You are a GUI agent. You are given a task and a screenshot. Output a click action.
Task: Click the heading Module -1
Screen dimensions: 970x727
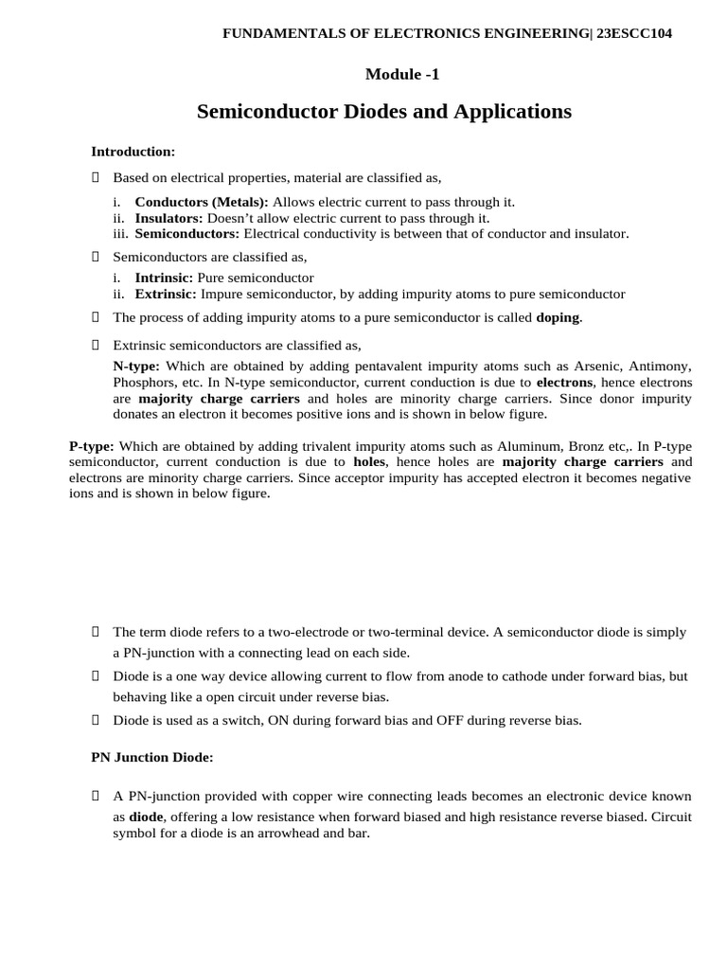pos(402,74)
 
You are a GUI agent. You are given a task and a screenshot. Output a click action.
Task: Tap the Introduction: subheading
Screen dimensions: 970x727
pos(133,151)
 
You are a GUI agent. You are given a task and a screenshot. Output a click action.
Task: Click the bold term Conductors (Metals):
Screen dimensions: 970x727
pos(202,202)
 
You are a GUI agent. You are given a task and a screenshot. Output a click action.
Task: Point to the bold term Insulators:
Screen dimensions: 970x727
pos(168,218)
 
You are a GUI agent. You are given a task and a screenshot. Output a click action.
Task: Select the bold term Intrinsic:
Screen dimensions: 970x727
pos(164,278)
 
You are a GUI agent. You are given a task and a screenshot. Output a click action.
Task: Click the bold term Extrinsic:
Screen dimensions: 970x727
pos(166,294)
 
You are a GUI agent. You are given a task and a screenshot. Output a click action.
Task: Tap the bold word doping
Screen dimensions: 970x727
pos(558,317)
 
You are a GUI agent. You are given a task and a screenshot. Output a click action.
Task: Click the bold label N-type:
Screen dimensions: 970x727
pos(136,366)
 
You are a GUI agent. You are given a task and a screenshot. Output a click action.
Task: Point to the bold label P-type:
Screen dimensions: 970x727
pos(92,445)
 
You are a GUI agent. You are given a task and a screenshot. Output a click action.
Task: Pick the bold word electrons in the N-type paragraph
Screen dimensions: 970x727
pos(566,382)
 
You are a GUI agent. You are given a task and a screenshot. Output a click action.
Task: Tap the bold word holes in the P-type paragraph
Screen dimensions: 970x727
pos(370,461)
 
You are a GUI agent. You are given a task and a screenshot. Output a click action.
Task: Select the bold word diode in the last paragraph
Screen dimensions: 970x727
pos(145,817)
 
